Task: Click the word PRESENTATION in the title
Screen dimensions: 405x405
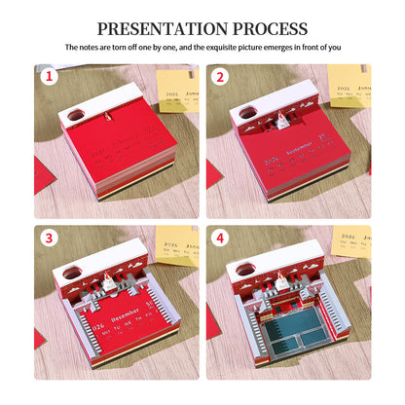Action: click(x=155, y=28)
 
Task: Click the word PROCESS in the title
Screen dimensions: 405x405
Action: click(x=264, y=28)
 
